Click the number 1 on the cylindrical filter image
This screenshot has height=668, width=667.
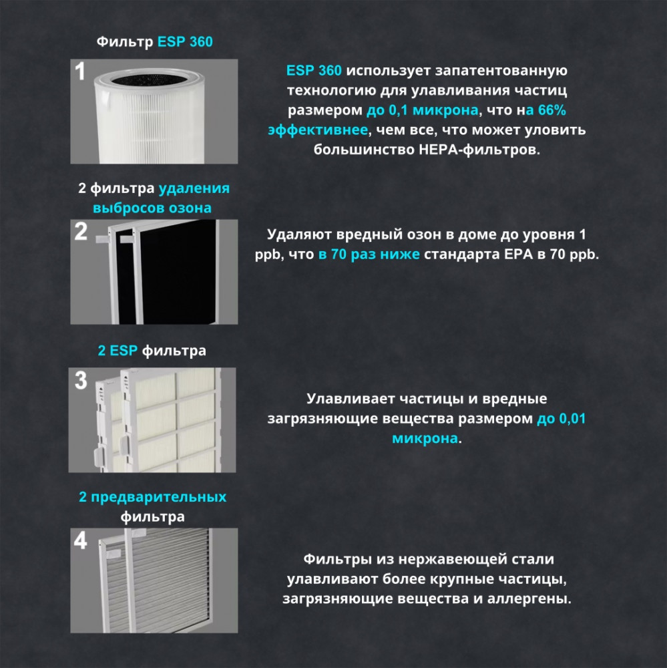point(79,71)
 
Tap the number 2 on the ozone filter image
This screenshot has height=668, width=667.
point(81,232)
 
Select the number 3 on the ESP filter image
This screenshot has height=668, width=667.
point(81,380)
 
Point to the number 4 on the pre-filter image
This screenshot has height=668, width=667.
point(81,540)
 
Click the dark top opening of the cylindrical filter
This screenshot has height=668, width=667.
point(149,79)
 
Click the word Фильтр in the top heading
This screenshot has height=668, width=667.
point(125,42)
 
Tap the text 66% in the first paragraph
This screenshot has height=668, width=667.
point(552,110)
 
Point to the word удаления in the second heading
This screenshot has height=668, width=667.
point(194,188)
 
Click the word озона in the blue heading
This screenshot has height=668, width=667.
point(190,208)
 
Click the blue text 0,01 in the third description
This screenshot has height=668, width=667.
point(572,419)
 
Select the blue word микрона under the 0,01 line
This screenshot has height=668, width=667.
point(425,438)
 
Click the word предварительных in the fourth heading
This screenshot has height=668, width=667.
point(158,497)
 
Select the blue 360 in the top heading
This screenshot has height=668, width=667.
point(201,42)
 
